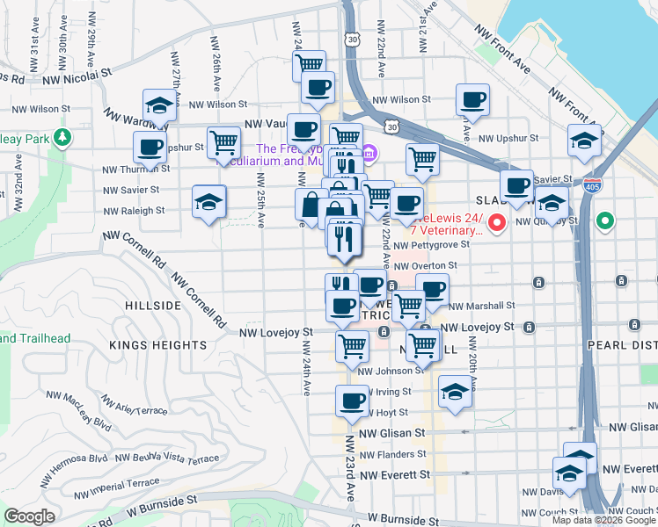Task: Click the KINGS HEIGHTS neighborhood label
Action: pyautogui.click(x=158, y=345)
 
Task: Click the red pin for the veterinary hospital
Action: pyautogui.click(x=496, y=223)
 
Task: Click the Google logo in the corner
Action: pyautogui.click(x=29, y=516)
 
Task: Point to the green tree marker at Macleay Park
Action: pyautogui.click(x=62, y=138)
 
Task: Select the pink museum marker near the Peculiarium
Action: pyautogui.click(x=368, y=155)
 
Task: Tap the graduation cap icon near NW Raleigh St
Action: pyautogui.click(x=208, y=202)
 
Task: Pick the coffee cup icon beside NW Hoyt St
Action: pyautogui.click(x=352, y=401)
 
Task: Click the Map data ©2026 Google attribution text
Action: pyautogui.click(x=604, y=520)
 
